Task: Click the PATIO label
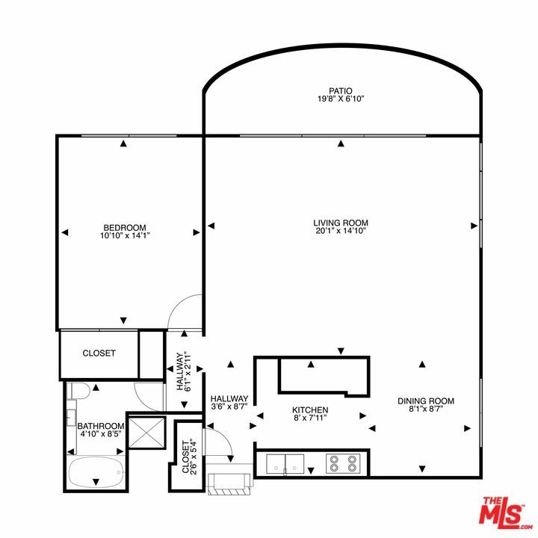pos(341,91)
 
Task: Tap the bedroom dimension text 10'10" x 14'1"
pos(126,235)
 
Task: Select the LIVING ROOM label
pos(341,223)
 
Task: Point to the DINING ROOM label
pos(426,401)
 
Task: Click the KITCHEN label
pos(310,410)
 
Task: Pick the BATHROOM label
pos(101,426)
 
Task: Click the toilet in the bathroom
pos(78,391)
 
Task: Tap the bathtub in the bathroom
pos(96,472)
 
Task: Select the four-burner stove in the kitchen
pos(343,463)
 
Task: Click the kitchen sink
pos(285,464)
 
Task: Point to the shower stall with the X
pos(147,432)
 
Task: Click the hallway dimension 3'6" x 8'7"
pos(229,406)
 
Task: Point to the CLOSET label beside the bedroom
pos(99,353)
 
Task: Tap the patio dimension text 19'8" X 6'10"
pos(341,99)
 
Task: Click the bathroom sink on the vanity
pos(71,417)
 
